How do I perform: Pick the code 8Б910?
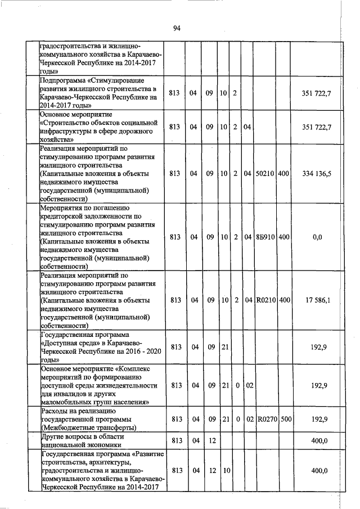tap(264, 237)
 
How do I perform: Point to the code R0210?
tap(264, 300)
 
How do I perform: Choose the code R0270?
tap(264, 419)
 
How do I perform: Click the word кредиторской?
tap(65, 215)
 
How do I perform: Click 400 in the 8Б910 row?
tap(283, 237)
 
